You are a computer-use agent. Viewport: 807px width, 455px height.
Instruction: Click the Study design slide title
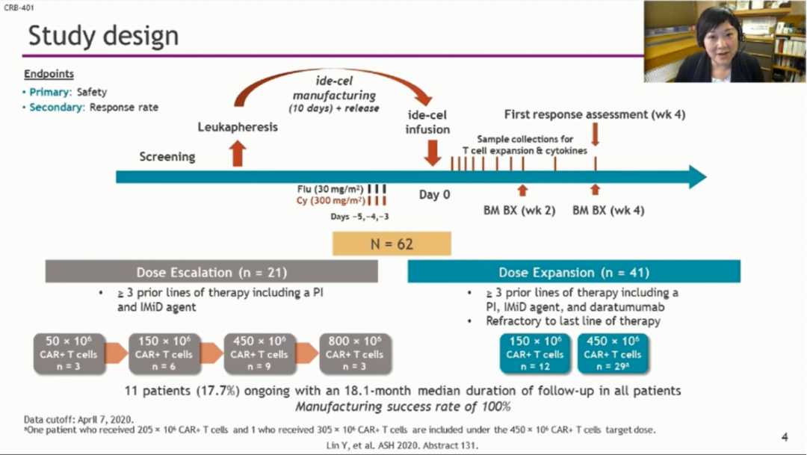click(103, 35)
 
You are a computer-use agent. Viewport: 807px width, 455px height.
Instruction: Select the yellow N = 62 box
click(392, 244)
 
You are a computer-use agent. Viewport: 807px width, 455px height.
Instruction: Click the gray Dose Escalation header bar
click(211, 272)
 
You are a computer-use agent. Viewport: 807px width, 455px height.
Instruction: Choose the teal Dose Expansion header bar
click(573, 272)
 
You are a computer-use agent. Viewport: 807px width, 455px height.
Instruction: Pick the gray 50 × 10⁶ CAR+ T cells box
click(68, 353)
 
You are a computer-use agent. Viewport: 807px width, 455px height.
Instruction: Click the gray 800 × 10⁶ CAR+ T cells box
click(355, 353)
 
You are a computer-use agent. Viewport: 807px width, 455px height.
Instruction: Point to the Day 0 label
click(434, 195)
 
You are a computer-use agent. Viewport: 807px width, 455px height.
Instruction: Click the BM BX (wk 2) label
click(519, 211)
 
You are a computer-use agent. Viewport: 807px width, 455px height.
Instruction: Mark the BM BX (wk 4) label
click(608, 211)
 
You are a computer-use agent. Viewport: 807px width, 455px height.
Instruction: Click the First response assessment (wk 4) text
click(594, 114)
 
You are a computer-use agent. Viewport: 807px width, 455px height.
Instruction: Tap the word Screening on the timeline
click(167, 157)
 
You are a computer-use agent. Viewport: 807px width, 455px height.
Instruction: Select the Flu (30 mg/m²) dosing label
click(331, 189)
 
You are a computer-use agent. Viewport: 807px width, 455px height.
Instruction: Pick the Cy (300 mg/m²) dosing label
click(330, 201)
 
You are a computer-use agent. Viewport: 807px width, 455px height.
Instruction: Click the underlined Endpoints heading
click(49, 75)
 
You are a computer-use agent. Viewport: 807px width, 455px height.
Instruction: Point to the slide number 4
click(785, 437)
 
